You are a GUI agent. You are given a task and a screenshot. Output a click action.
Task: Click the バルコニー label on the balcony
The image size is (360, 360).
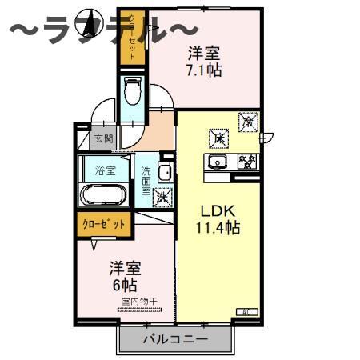[x=175, y=338]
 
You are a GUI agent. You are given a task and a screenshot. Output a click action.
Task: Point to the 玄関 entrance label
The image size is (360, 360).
[x=103, y=138]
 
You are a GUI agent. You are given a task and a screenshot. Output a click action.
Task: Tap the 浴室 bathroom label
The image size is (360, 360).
[x=105, y=170]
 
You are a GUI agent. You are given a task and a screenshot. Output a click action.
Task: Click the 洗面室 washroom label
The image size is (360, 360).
[x=146, y=182]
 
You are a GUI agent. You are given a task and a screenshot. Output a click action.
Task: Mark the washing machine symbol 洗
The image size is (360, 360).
[x=162, y=196]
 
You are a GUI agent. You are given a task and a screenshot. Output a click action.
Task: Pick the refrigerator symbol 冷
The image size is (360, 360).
[x=249, y=123]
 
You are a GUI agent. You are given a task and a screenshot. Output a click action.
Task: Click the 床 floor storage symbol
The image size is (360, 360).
[x=218, y=138]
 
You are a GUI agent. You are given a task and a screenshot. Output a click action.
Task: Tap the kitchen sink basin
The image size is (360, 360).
[x=218, y=163]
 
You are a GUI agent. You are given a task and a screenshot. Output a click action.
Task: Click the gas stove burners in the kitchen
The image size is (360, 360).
[x=246, y=162]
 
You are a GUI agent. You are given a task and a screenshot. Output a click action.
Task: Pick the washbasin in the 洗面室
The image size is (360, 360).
[x=164, y=172]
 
